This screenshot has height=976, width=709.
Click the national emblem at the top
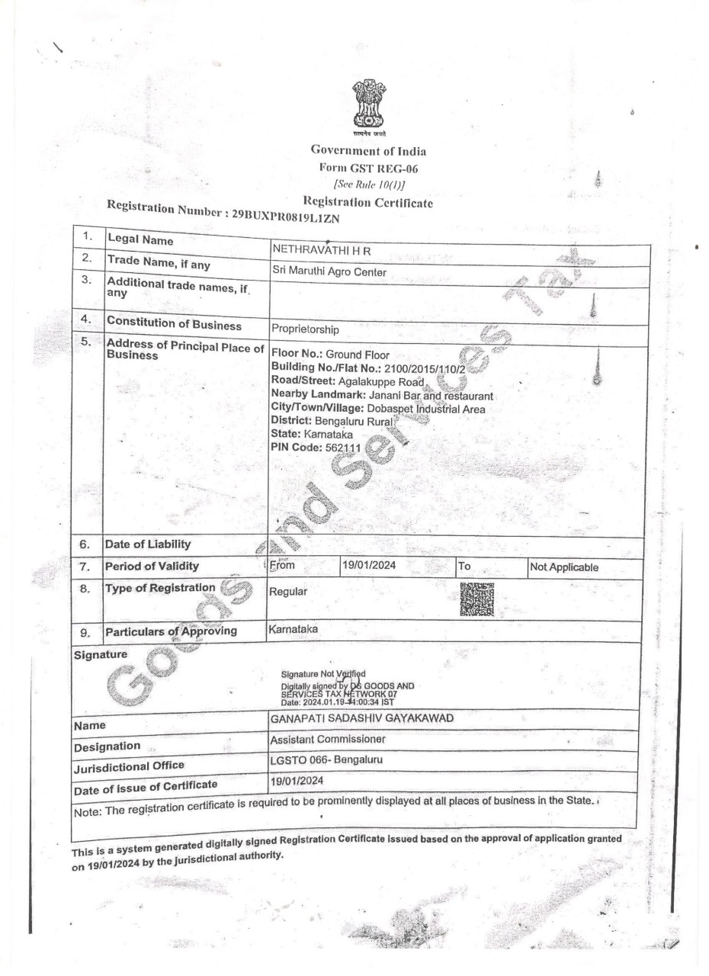[x=369, y=107]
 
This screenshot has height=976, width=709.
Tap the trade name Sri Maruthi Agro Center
[x=329, y=271]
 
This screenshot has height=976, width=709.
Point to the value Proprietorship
[x=305, y=330]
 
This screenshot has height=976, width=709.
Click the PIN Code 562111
[x=342, y=448]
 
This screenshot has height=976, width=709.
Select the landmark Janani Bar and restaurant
[x=431, y=396]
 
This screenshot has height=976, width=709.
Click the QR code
[x=477, y=599]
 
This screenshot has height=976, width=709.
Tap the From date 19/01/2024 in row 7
[x=369, y=566]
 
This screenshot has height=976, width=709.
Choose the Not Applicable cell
[x=563, y=567]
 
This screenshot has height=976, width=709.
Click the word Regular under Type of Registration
[x=288, y=591]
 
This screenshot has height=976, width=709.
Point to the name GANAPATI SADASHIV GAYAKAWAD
[x=361, y=719]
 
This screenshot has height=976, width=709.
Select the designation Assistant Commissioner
[x=328, y=740]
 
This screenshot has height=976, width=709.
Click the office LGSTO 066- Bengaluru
[x=326, y=760]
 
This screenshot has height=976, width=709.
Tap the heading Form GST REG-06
[x=368, y=169]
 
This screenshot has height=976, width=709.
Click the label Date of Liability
[x=147, y=544]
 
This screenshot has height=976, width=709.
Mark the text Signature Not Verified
[x=323, y=674]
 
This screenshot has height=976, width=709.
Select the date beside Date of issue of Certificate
[x=297, y=781]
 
